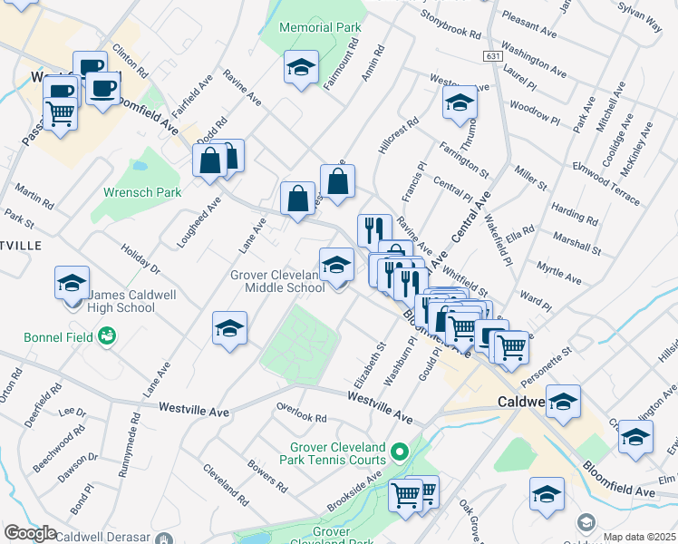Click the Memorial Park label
point(321,28)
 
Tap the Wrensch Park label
point(142,192)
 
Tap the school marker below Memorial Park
point(301,69)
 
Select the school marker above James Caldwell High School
point(72,283)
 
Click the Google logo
point(29,532)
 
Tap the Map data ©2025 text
point(639,537)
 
